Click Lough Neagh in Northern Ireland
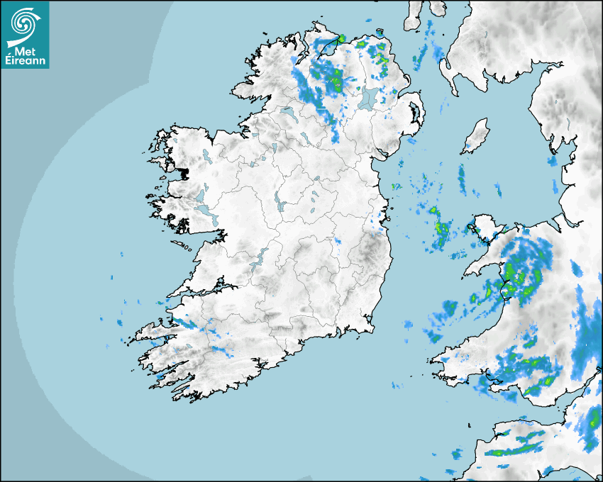[368, 97]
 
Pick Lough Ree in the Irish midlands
[278, 201]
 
